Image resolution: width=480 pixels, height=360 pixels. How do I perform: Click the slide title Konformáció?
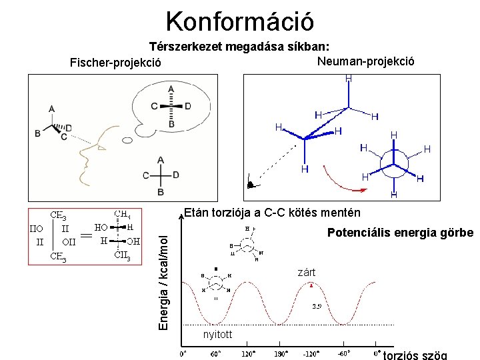(x=239, y=21)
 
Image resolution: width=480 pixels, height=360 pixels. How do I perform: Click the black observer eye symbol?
(x=250, y=183)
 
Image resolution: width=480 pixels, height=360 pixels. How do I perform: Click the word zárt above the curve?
(x=307, y=273)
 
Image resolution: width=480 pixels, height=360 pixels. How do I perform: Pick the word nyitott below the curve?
(x=217, y=335)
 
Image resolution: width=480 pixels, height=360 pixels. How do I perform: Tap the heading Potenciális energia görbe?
(x=400, y=233)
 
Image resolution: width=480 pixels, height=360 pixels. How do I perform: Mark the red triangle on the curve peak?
(x=312, y=285)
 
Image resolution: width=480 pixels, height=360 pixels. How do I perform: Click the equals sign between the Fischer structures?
(x=86, y=233)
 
